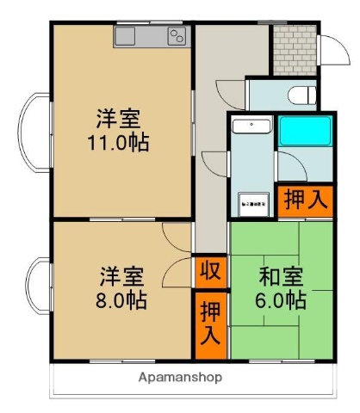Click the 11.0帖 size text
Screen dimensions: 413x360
119,142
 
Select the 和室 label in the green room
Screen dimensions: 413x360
281,277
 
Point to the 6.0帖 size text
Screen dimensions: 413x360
281,300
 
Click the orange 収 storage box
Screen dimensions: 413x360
208,273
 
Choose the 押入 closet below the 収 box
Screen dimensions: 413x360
208,322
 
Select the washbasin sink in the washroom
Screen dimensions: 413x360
252,128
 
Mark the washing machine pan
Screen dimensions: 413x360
252,203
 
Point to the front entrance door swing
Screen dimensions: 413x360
331,50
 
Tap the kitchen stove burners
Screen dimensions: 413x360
177,36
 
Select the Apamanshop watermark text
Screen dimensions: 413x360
181,377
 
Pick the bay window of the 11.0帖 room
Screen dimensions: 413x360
32,133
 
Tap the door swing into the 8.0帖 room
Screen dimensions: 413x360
177,245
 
